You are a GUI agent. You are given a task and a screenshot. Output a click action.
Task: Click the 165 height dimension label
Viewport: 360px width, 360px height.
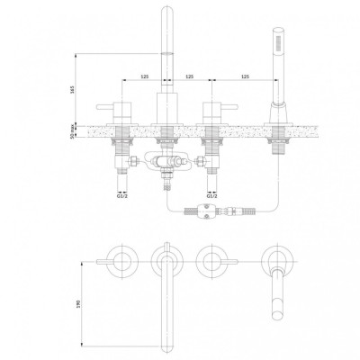(x=72, y=89)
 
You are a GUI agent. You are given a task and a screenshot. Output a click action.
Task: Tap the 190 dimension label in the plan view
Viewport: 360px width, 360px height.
(x=79, y=304)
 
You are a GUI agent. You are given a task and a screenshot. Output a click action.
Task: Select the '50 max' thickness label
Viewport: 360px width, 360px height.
(x=72, y=131)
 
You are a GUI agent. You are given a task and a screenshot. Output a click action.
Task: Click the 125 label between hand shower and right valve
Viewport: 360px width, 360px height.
(x=245, y=76)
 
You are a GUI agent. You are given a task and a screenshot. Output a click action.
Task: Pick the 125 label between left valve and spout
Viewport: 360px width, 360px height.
(x=145, y=76)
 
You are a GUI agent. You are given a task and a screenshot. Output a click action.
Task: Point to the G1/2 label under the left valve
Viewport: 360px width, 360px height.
(x=121, y=196)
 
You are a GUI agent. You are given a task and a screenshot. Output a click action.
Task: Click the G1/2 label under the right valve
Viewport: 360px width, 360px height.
(x=212, y=196)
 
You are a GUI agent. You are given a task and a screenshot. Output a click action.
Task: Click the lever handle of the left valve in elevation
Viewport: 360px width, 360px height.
(x=104, y=106)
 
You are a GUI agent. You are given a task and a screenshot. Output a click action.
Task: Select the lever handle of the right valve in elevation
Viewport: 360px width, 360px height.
(x=229, y=106)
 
